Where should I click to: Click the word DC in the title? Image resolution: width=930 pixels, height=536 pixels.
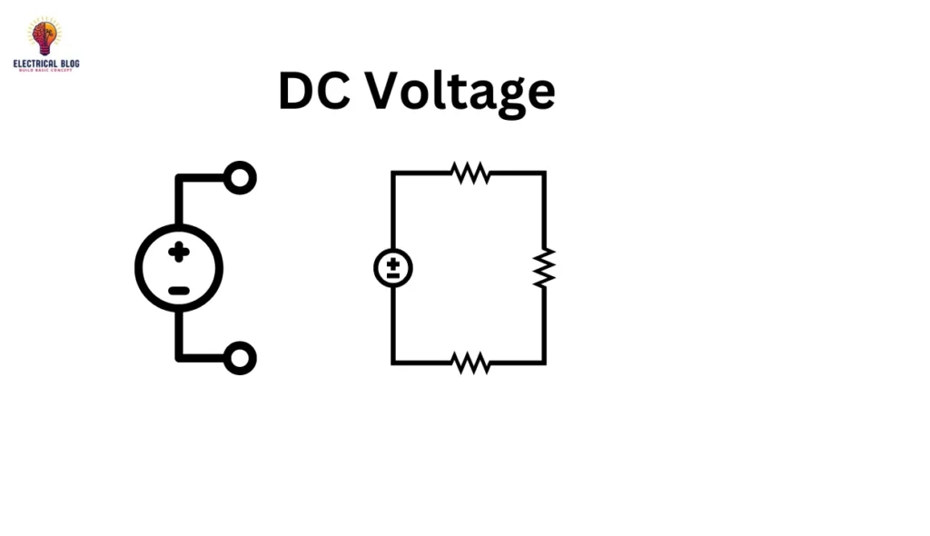point(314,91)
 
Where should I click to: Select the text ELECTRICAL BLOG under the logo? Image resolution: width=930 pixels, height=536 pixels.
point(46,64)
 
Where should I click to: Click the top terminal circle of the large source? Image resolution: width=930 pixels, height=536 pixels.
point(240,177)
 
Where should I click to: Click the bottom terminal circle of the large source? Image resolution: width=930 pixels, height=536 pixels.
point(240,358)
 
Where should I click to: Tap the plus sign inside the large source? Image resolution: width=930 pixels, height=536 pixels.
point(179,252)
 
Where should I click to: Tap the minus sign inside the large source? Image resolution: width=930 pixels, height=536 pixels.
point(179,291)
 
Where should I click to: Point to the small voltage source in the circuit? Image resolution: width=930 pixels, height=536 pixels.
point(392,268)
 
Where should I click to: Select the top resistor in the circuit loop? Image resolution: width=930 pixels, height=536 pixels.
point(470,172)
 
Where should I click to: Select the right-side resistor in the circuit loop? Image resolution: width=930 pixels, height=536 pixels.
point(544,268)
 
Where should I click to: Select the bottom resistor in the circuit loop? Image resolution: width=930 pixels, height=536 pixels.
point(470,363)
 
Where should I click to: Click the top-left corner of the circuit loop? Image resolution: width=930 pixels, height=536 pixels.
point(392,172)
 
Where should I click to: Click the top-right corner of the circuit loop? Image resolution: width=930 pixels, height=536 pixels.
point(544,172)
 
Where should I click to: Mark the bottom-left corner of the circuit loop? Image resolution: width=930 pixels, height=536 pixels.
point(392,363)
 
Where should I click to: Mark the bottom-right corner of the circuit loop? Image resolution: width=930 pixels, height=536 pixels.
point(544,363)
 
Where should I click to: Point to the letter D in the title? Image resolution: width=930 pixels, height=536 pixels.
point(297,91)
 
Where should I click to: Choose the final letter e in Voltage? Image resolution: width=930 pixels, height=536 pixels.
point(539,94)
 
